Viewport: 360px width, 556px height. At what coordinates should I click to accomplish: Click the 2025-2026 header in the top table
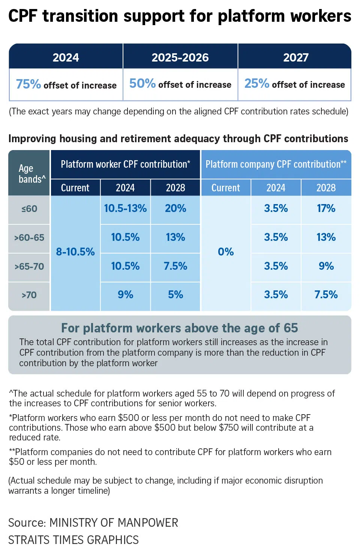180,57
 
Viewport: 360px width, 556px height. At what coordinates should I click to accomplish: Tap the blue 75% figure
28,84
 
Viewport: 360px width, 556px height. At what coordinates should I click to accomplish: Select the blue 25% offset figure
256,83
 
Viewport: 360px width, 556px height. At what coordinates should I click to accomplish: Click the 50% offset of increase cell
180,84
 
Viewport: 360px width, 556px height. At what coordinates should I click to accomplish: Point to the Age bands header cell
29,173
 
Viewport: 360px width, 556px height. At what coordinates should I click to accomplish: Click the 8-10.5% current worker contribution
75,252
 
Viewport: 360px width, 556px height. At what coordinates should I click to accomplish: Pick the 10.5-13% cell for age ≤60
125,209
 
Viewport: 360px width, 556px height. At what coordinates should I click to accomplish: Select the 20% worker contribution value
175,209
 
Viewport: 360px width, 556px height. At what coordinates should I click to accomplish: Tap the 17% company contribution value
326,209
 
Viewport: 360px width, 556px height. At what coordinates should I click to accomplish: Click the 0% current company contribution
226,252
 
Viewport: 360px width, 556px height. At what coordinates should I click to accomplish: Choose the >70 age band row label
29,295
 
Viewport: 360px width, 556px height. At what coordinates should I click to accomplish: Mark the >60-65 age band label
29,237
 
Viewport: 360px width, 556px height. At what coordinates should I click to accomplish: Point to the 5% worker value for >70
175,295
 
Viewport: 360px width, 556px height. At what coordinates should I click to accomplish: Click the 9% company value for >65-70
326,266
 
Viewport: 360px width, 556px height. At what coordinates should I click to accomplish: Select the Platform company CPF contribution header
276,164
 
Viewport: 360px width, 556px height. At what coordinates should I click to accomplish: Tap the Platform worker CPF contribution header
125,164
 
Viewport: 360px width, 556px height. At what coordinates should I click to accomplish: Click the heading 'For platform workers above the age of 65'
180,328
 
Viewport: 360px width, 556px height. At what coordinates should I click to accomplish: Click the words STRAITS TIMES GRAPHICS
73,540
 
